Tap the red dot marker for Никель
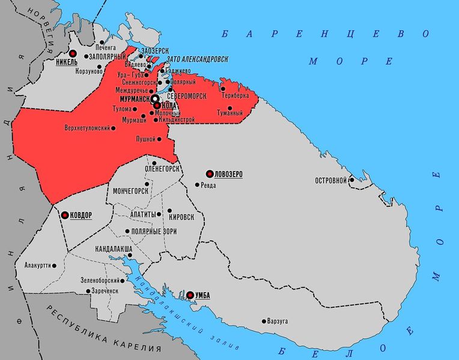coord(73,52)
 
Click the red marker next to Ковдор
coord(65,215)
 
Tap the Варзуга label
coord(278,321)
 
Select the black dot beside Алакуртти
coord(55,265)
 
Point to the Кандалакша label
coord(114,248)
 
